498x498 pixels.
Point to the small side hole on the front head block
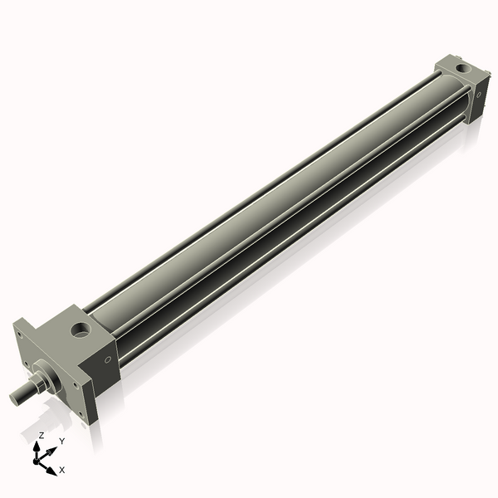click(107, 359)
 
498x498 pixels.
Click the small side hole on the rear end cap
click(477, 96)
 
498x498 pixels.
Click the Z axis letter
click(41, 435)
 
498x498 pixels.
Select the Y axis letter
click(61, 441)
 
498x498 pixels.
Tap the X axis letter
click(62, 470)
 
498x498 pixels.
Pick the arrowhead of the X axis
click(52, 469)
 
